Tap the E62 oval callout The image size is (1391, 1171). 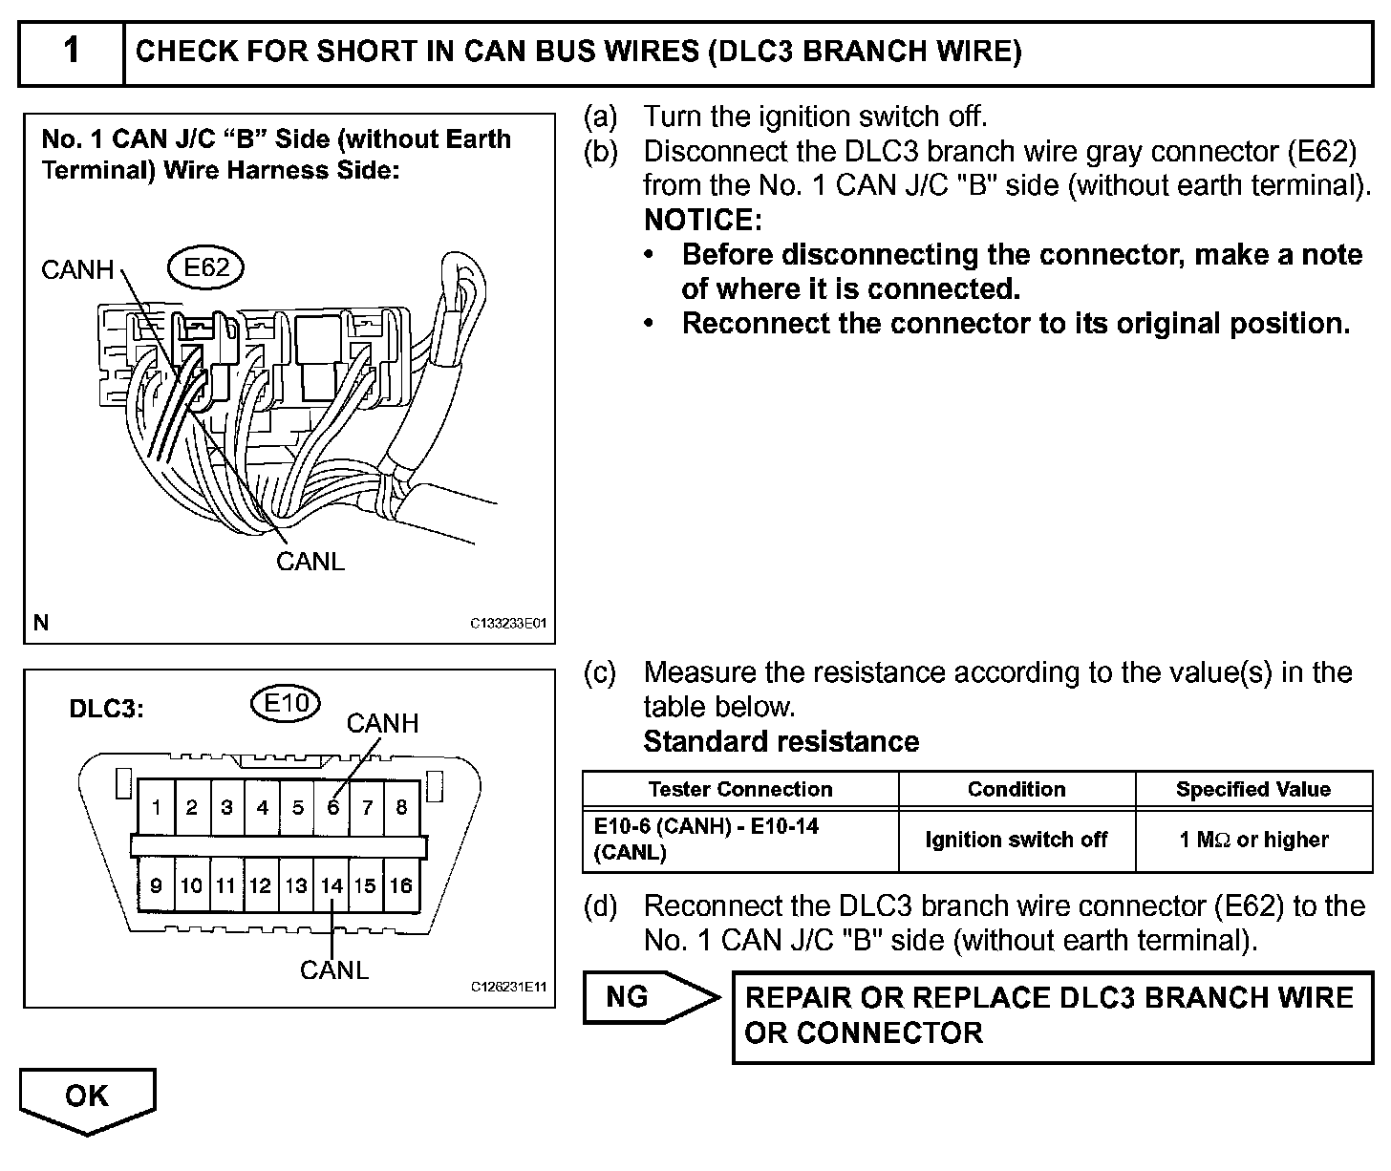pyautogui.click(x=205, y=267)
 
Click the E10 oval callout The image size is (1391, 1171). pyautogui.click(x=285, y=704)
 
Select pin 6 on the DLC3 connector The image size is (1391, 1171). pyautogui.click(x=332, y=807)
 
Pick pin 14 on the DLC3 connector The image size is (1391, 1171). pyautogui.click(x=331, y=885)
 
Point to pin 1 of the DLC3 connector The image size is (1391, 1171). pyautogui.click(x=156, y=807)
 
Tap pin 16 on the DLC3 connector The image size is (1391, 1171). pyautogui.click(x=400, y=885)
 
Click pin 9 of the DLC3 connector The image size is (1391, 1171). pyautogui.click(x=156, y=885)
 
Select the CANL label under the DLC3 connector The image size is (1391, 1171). pyautogui.click(x=333, y=970)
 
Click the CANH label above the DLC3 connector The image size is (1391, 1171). pyautogui.click(x=382, y=723)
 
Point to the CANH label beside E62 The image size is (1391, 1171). pyautogui.click(x=77, y=270)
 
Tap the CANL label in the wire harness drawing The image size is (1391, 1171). pyautogui.click(x=310, y=561)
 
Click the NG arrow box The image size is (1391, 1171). pyautogui.click(x=650, y=998)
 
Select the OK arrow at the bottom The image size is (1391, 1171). pyautogui.click(x=87, y=1098)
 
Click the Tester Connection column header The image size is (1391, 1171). pyautogui.click(x=739, y=789)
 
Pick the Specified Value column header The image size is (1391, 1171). pyautogui.click(x=1252, y=789)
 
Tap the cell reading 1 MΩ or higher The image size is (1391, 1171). pyautogui.click(x=1252, y=840)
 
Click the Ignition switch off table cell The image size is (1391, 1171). pyautogui.click(x=1016, y=840)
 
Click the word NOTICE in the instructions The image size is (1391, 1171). pyautogui.click(x=702, y=220)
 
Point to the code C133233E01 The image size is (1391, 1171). pyautogui.click(x=507, y=624)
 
